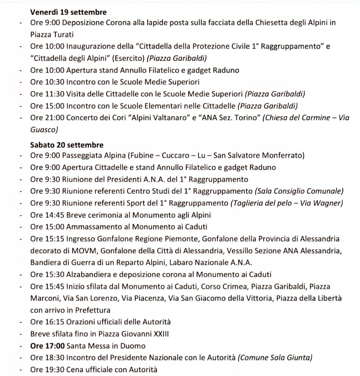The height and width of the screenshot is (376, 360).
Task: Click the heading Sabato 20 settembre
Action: click(66, 145)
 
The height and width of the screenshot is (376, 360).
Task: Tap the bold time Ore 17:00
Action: click(43, 346)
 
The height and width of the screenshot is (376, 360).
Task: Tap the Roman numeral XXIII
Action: click(163, 334)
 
